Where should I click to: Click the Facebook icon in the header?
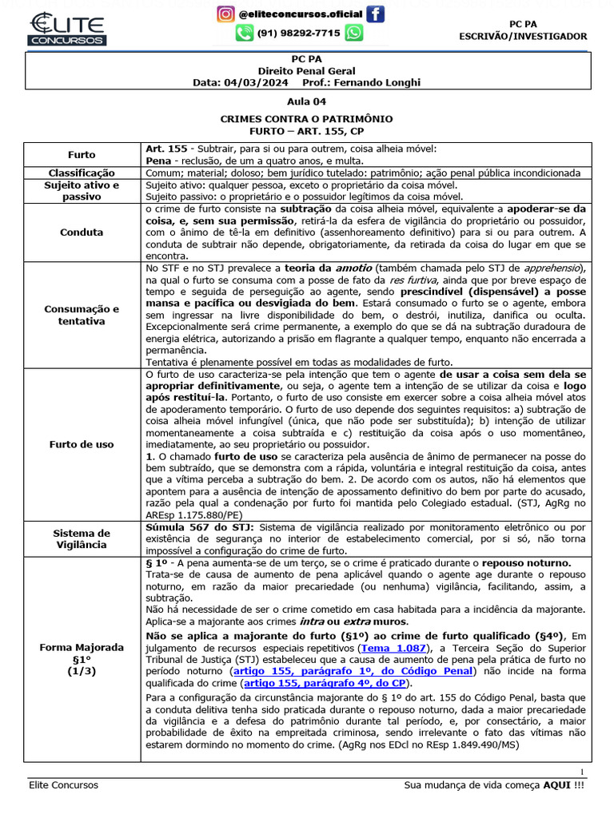(x=374, y=14)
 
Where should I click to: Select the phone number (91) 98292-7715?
(x=298, y=33)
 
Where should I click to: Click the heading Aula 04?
(x=306, y=102)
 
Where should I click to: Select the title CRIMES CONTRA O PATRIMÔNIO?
(x=306, y=118)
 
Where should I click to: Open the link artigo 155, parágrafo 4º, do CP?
(x=326, y=684)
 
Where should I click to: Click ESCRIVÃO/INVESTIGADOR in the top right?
(x=523, y=36)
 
